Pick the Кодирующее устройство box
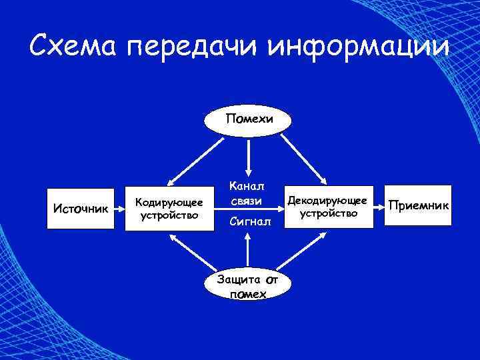(169, 207)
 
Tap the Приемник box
(419, 204)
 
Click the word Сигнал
(250, 220)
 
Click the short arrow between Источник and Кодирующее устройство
(119, 208)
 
